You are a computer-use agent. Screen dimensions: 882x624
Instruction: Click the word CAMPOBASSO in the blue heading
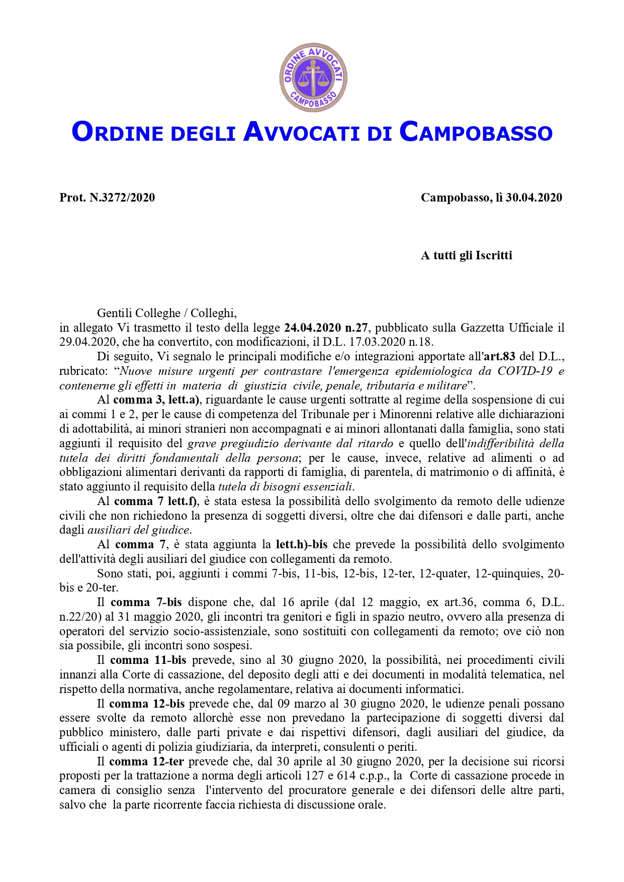click(476, 132)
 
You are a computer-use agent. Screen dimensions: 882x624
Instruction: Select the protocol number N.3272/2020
click(122, 198)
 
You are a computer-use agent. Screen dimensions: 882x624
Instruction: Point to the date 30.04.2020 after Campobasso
click(533, 198)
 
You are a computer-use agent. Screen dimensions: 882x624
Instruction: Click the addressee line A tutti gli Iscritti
click(466, 255)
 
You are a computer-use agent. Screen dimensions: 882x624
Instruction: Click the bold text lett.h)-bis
click(302, 545)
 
